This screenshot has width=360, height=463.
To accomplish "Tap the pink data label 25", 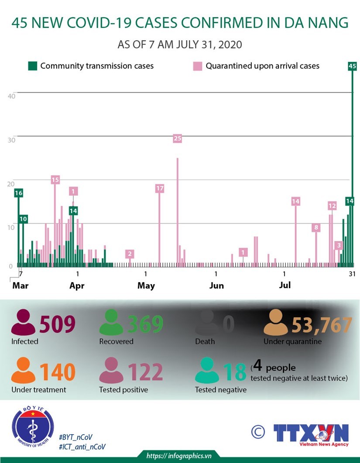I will tap(177, 139).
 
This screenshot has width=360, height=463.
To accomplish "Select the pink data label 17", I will tap(159, 188).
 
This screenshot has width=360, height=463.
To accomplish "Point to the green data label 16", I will tap(18, 193).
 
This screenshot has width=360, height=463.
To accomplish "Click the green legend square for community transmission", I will tap(32, 66).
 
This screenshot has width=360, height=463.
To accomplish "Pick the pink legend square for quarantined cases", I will tap(198, 66).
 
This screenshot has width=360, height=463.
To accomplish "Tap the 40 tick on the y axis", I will tap(12, 95).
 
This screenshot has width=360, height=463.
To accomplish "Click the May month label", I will tap(146, 286).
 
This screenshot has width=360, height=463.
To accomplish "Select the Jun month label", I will tap(216, 286).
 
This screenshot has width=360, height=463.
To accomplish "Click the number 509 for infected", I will tap(58, 324).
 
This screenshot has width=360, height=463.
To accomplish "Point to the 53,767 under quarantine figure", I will tap(322, 324).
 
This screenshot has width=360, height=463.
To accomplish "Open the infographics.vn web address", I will tap(179, 456).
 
